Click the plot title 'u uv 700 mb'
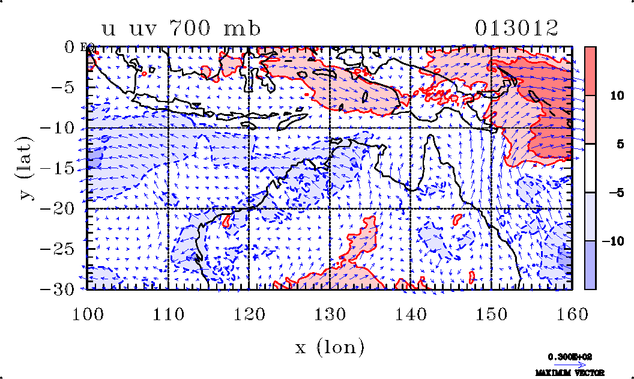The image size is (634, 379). click(181, 28)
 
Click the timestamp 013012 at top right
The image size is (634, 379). click(517, 28)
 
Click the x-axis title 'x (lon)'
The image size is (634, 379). click(330, 347)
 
